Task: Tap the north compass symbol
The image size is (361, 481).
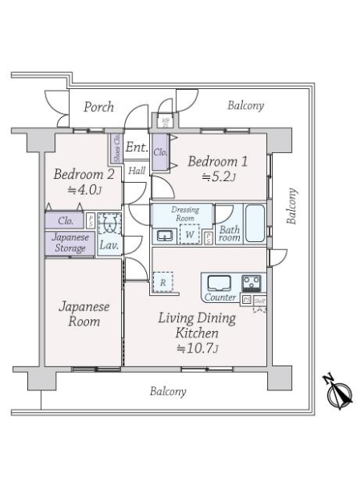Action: [339, 393]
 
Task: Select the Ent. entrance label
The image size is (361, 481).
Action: [136, 147]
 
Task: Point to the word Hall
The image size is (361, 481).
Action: [137, 170]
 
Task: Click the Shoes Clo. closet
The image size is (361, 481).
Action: [116, 148]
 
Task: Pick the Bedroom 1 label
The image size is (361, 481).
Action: [217, 161]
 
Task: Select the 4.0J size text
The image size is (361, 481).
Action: [83, 190]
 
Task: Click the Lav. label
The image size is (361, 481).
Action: [108, 245]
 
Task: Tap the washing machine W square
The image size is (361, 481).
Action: [190, 236]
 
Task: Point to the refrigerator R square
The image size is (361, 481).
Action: [163, 282]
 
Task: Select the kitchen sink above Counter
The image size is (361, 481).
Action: [219, 283]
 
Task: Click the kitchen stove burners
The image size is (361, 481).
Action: [251, 283]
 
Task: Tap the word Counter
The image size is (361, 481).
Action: [221, 297]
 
